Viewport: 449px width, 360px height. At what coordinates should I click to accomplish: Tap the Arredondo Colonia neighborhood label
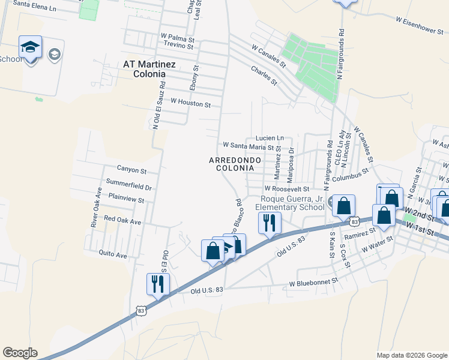(235, 164)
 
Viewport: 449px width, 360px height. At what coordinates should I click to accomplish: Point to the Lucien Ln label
(269, 138)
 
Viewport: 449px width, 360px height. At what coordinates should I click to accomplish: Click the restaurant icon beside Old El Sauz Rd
(158, 284)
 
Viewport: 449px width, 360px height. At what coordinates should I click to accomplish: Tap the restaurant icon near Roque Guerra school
(270, 223)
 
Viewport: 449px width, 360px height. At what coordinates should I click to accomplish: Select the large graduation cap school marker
(31, 47)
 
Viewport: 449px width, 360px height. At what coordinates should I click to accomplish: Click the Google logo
(20, 353)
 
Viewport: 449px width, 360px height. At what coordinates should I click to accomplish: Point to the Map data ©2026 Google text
(411, 355)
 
